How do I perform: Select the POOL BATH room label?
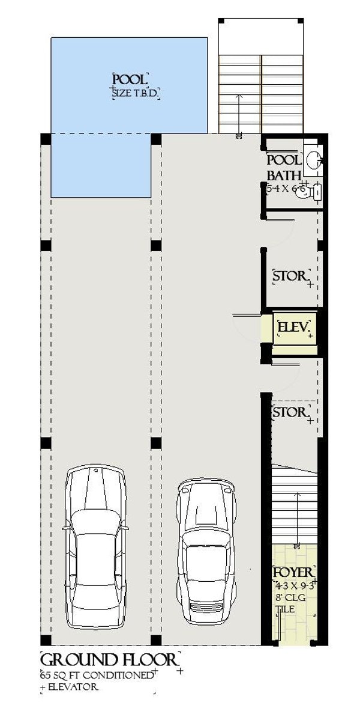click(x=283, y=168)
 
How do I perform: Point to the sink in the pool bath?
click(x=313, y=159)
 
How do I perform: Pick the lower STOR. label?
click(x=290, y=413)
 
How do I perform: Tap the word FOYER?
click(x=293, y=572)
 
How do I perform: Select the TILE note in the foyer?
click(x=284, y=609)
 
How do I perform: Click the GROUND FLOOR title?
click(x=109, y=659)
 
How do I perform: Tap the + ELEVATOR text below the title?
click(x=69, y=686)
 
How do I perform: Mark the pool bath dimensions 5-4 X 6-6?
click(x=287, y=189)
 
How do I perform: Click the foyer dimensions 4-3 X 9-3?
click(x=294, y=584)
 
